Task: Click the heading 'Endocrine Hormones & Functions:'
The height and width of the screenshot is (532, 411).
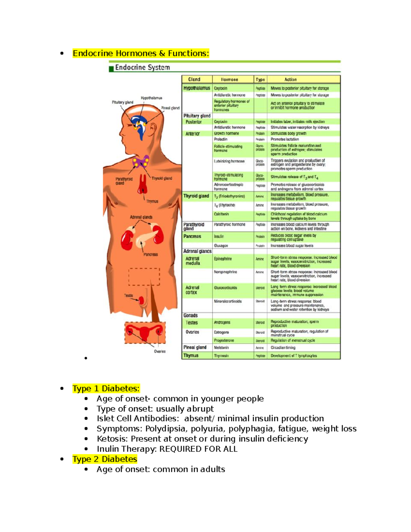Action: [x=141, y=53]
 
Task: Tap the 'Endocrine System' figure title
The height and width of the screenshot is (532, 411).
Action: [x=142, y=67]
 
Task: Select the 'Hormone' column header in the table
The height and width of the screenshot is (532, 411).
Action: [x=229, y=79]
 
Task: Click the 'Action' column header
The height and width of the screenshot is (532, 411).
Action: [x=290, y=79]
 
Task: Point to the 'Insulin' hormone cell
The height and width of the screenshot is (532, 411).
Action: [x=219, y=236]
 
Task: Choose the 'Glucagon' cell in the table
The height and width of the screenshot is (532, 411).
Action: [x=221, y=246]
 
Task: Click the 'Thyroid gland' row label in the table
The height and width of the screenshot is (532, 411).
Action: [x=196, y=196]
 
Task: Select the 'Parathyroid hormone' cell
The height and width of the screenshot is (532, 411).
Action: [x=229, y=225]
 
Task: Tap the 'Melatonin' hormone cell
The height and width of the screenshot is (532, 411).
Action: [x=221, y=347]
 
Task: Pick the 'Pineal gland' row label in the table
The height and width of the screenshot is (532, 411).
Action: [x=195, y=347]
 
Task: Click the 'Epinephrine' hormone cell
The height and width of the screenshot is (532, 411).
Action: [x=223, y=259]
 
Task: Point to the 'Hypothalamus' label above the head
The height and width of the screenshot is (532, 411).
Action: [x=151, y=98]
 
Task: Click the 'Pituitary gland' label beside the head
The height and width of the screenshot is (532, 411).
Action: [x=122, y=102]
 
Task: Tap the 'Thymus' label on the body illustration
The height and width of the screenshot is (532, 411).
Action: [x=152, y=201]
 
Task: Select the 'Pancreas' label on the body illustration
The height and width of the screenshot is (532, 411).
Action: [x=151, y=255]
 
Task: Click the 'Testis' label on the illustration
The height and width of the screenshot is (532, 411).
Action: [x=128, y=295]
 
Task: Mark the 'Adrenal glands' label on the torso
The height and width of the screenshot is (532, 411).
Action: [x=141, y=217]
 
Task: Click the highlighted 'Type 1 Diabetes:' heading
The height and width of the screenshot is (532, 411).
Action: [x=106, y=388]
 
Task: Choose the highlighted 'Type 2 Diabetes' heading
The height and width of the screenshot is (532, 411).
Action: [x=104, y=459]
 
